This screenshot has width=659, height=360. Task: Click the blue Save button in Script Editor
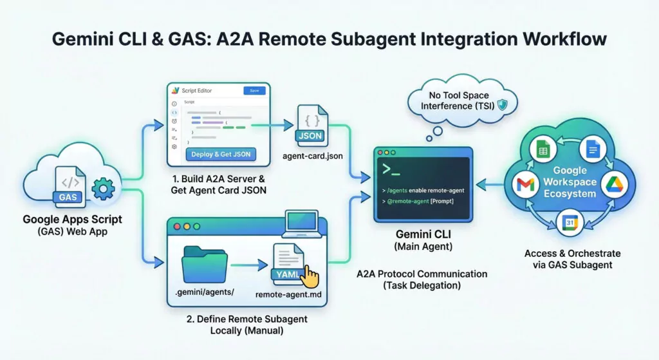point(254,91)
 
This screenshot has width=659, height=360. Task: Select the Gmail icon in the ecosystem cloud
point(525,185)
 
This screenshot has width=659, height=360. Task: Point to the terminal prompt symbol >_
point(393,169)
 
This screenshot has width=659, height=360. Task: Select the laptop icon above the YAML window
point(302,223)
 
